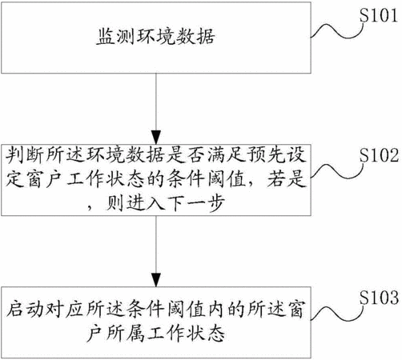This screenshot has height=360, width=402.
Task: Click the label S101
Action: point(379,15)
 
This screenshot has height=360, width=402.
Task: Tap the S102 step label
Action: point(379,155)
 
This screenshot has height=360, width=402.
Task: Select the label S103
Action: point(379,298)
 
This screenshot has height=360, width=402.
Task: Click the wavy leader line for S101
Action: point(337,31)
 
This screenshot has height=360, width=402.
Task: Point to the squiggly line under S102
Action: point(337,170)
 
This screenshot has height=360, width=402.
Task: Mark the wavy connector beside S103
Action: point(337,313)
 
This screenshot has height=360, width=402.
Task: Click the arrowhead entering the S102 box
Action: point(156,138)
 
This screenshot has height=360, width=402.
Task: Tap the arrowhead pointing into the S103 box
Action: point(156,280)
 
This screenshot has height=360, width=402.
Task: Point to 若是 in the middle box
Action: point(287,179)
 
